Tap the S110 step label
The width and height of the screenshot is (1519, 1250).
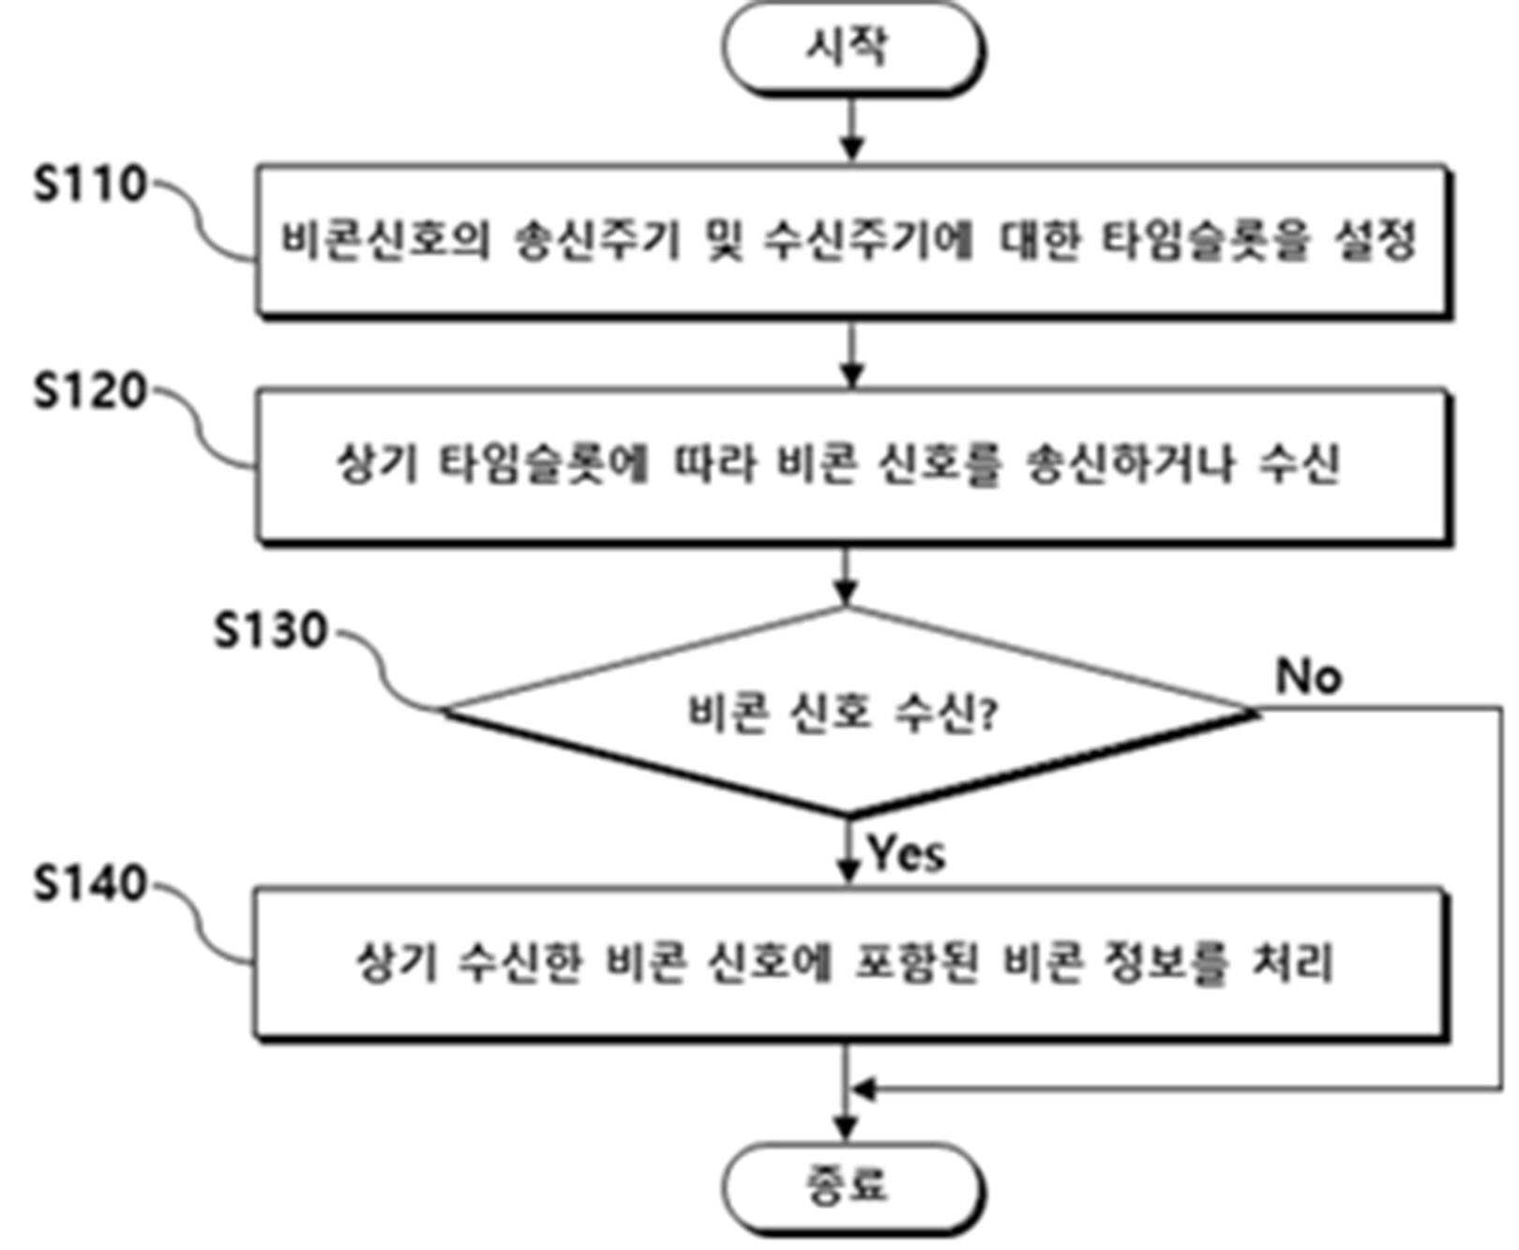pos(90,186)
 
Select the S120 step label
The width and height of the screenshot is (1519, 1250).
pos(90,391)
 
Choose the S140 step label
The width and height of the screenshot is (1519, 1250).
pos(90,883)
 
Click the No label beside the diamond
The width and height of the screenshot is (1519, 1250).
pos(1309,675)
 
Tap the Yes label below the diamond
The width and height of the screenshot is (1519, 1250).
pos(906,853)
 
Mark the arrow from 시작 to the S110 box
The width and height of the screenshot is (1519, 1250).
pos(851,128)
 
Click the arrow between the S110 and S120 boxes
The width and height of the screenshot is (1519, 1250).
pos(851,354)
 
